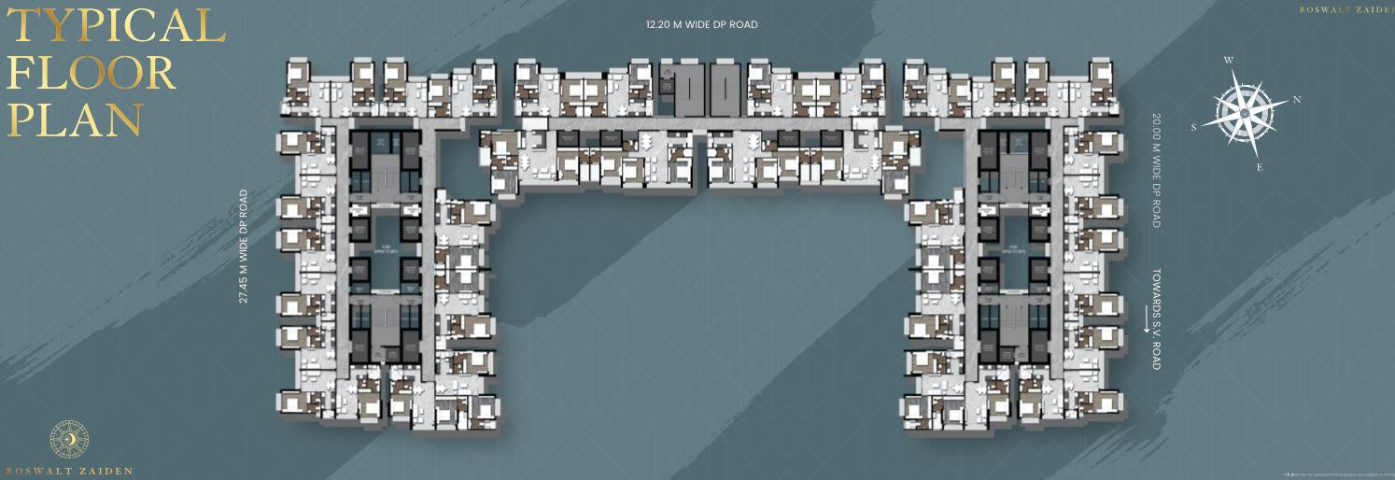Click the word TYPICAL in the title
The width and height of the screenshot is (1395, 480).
tap(116, 27)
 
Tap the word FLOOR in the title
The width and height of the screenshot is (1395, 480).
tap(92, 74)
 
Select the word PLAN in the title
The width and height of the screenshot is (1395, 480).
tap(75, 120)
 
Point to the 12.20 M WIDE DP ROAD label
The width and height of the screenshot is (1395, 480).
tap(701, 24)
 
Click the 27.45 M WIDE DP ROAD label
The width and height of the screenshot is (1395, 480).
tap(244, 247)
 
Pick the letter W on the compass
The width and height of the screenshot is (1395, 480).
tap(1229, 61)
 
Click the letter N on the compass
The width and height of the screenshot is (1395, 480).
tap(1297, 99)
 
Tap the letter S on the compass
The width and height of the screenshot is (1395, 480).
tap(1194, 128)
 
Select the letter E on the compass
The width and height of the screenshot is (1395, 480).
tap(1260, 167)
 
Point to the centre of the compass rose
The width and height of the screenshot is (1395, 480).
tap(1246, 112)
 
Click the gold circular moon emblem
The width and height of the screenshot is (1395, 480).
tap(69, 440)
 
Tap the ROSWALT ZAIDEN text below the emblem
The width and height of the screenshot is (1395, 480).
tap(69, 471)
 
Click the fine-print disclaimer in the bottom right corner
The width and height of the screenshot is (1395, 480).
tap(1337, 474)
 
